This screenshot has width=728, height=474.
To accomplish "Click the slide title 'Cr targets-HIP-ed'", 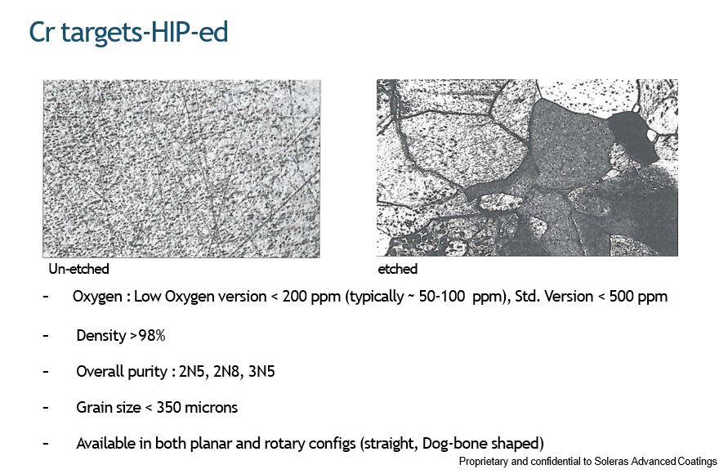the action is (x=128, y=33).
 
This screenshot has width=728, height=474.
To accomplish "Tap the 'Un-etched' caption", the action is (x=79, y=269).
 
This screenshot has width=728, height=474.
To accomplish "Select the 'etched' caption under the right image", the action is (x=397, y=269).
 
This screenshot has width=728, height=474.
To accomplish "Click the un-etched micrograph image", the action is (x=181, y=168).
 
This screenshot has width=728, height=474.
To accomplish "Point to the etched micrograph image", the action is (x=527, y=168).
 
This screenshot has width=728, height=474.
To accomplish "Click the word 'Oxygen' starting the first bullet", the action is (x=97, y=297).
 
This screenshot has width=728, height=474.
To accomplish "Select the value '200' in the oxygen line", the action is (x=295, y=297).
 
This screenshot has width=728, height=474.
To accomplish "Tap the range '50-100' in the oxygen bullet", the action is (x=441, y=297).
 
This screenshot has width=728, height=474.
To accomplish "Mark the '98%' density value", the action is (x=152, y=335).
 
